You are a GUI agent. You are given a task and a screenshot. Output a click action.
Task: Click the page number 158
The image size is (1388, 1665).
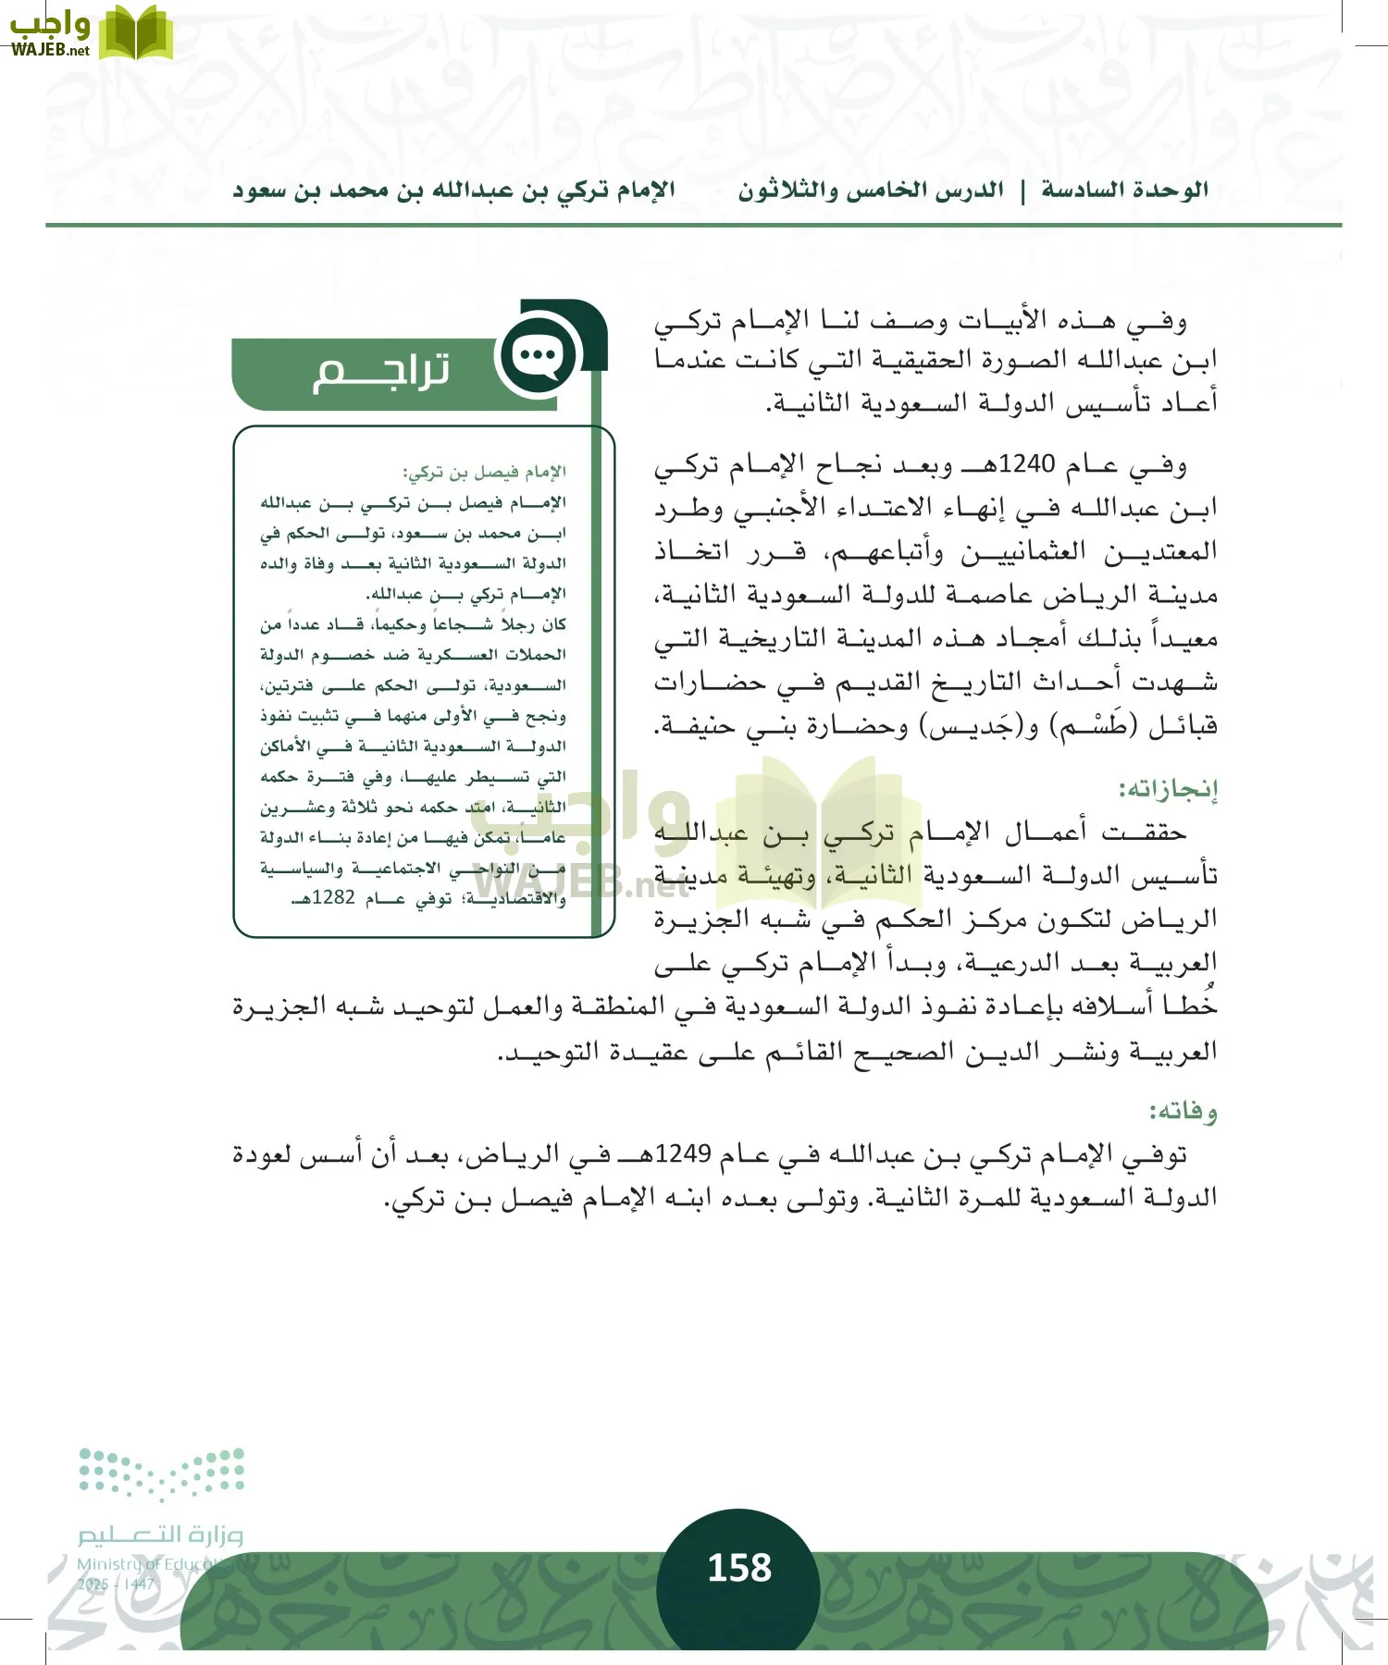738,1568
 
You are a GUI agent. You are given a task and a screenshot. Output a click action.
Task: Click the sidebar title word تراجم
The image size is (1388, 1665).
381,372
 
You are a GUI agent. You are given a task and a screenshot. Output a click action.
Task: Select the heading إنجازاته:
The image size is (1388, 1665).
1168,789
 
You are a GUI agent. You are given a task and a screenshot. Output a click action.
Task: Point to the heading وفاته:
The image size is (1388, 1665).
1183,1110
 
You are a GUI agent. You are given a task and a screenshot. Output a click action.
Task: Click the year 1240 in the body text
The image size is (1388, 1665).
1026,463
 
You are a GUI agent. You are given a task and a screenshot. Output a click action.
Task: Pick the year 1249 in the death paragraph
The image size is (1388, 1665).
682,1153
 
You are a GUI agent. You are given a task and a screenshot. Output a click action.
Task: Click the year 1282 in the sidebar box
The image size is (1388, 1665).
333,897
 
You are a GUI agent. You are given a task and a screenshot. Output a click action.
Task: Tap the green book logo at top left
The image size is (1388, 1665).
135,32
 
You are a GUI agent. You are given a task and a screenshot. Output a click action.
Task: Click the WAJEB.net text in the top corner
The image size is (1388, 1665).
50,50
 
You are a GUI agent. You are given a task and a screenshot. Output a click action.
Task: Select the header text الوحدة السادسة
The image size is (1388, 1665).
1124,190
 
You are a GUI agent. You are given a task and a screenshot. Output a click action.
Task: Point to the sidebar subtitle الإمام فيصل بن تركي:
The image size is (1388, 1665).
484,473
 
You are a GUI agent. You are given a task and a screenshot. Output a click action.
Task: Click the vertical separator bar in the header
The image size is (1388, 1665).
1022,191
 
